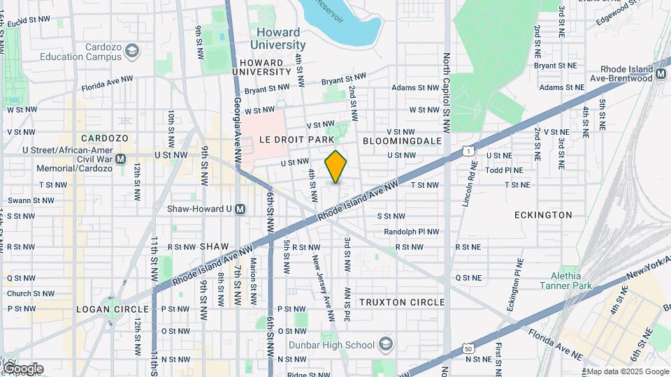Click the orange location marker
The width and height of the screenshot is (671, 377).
335,167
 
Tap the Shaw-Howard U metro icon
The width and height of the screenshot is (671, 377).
240,209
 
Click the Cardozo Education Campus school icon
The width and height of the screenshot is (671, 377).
132,51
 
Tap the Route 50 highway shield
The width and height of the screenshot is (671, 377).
468,348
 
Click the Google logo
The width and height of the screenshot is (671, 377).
22,368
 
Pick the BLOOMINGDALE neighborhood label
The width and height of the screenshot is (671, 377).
403,140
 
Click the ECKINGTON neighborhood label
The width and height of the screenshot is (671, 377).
543,215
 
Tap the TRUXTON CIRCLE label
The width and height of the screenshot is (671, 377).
402,302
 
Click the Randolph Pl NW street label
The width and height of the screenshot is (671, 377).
412,231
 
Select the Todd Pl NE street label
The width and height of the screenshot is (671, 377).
504,170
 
